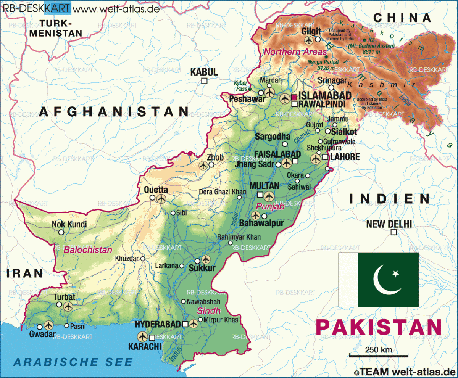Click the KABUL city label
[204, 72]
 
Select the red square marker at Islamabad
[294, 97]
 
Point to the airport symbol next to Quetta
[161, 198]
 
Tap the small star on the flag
[395, 273]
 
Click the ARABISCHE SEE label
[74, 362]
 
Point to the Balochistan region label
[88, 250]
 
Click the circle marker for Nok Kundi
[61, 232]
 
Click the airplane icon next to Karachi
[143, 337]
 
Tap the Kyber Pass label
[241, 85]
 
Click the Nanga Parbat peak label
[326, 64]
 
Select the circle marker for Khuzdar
[143, 259]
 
